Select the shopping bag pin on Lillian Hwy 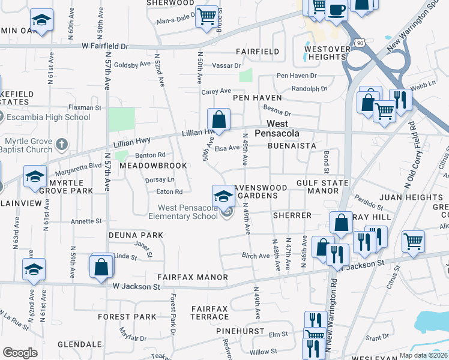point(219,119)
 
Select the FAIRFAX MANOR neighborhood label point(192,277)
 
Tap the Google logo point(20,353)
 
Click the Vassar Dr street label point(229,65)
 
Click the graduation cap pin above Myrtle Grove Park point(35,176)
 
